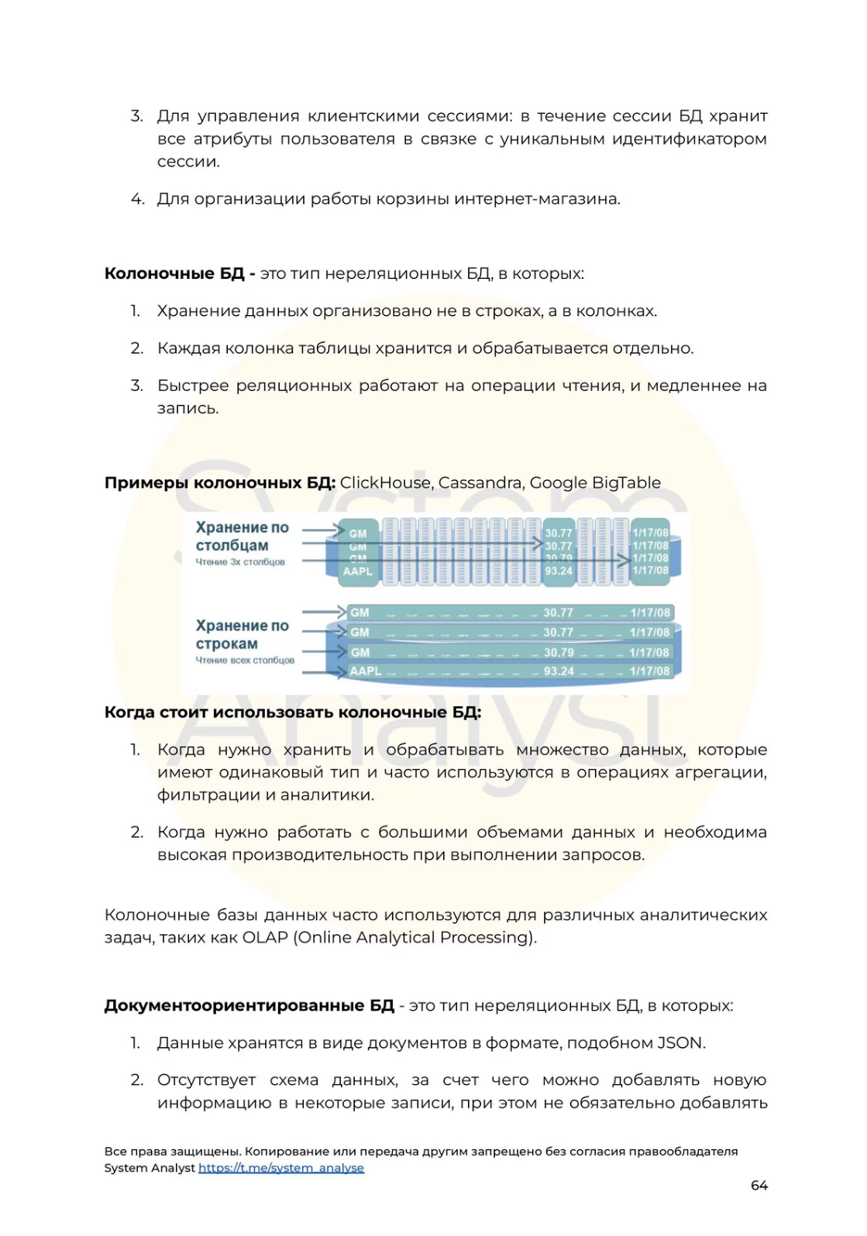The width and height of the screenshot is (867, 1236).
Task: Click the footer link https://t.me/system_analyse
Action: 280,1168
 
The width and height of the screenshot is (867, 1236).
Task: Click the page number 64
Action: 759,1186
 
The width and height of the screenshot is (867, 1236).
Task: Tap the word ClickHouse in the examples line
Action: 385,483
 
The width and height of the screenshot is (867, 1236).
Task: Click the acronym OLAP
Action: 265,938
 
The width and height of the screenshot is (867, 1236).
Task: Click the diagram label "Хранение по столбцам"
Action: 242,536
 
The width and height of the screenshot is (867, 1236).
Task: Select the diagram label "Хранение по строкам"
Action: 242,634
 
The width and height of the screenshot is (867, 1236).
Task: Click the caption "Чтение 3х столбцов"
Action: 240,562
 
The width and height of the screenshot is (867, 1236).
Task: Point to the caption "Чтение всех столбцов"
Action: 245,661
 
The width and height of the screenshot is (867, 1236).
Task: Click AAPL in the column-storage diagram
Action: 358,572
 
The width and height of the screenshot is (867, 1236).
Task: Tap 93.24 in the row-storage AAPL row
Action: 559,671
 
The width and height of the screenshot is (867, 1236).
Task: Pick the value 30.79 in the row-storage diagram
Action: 559,652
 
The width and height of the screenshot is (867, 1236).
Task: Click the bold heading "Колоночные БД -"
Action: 180,274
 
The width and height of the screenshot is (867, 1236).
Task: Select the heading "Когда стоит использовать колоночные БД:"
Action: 293,712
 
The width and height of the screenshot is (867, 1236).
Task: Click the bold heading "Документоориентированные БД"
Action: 249,1006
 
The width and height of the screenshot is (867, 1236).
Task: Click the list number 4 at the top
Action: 137,199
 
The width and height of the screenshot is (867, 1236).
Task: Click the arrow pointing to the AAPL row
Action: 324,672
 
